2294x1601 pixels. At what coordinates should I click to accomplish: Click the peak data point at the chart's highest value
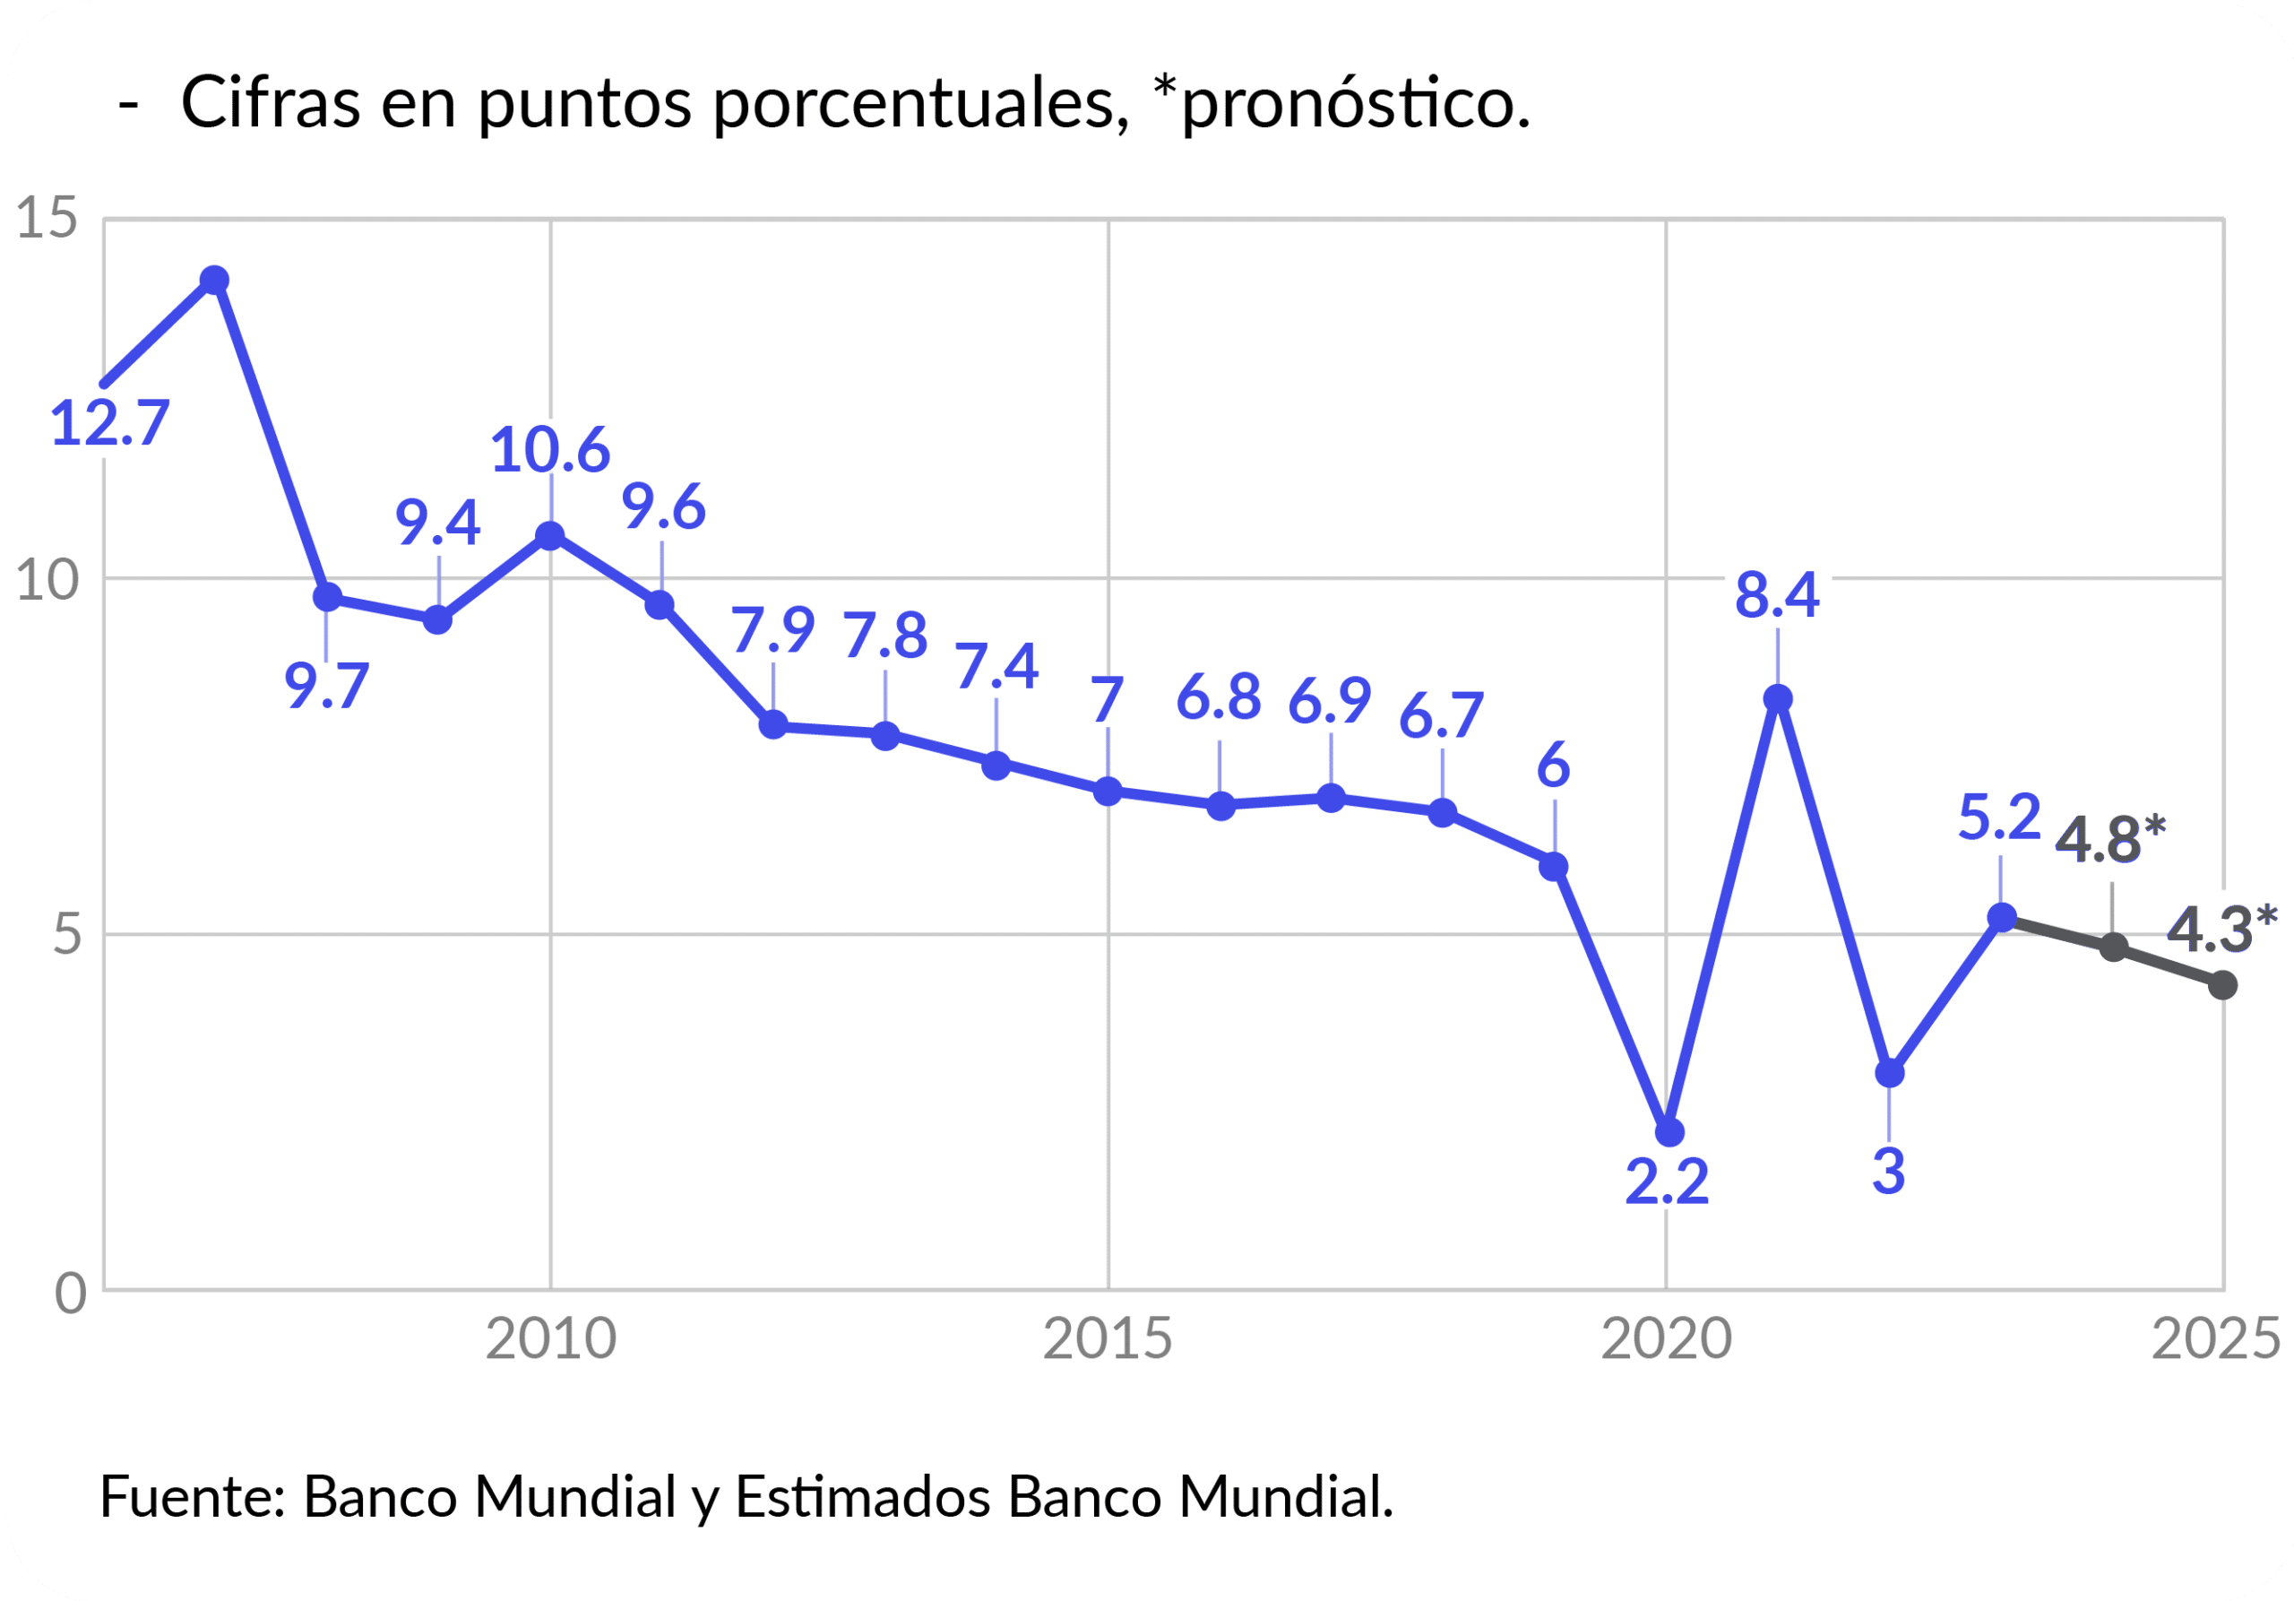click(214, 280)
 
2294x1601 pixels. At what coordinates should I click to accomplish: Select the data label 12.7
click(109, 423)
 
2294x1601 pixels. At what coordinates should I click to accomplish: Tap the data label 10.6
click(549, 450)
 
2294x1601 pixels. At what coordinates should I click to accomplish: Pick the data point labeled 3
click(1889, 1073)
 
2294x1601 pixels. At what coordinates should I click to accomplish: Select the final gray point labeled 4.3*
click(2222, 985)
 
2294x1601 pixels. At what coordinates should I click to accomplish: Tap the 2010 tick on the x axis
click(550, 1340)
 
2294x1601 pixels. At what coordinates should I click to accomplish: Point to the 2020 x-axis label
click(1666, 1340)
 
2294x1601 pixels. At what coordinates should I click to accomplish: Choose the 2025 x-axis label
click(2216, 1340)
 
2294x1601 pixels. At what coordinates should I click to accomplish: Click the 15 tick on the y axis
click(47, 218)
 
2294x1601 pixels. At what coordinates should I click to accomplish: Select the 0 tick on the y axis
click(70, 1294)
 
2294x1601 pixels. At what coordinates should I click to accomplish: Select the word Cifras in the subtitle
click(270, 102)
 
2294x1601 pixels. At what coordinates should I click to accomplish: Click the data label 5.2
click(1998, 818)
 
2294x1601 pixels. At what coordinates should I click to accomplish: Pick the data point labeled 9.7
click(327, 598)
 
